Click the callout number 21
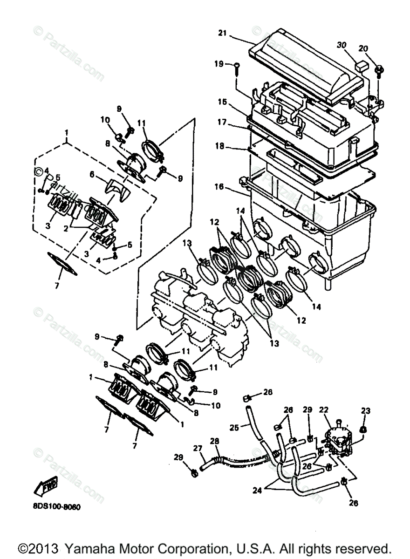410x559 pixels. pos(222,33)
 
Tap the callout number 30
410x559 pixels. pos(342,45)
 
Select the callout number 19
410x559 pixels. pos(219,64)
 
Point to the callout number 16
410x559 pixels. pos(219,187)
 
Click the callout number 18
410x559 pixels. pos(219,146)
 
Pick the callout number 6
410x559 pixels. pos(92,173)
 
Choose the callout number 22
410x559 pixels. pos(324,410)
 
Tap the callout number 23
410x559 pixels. pos(365,410)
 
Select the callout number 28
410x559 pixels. pos(215,441)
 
